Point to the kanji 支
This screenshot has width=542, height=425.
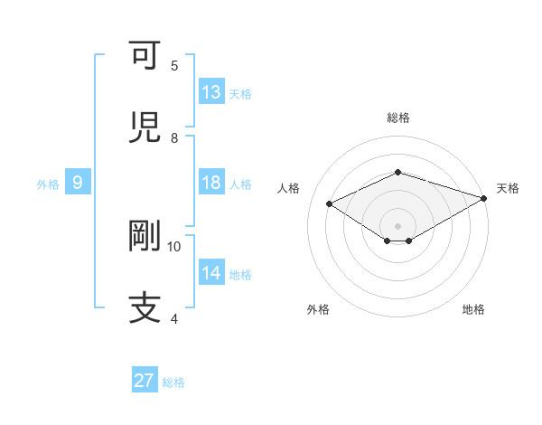(145, 307)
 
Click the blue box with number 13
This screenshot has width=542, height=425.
(211, 92)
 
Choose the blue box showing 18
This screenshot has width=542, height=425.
(211, 183)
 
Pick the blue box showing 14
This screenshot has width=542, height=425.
(211, 273)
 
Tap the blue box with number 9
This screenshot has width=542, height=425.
(78, 183)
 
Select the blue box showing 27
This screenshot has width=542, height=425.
(145, 381)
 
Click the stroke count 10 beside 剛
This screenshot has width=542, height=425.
(174, 246)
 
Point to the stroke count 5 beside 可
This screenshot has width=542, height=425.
(174, 66)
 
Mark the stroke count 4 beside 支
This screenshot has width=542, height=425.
(174, 318)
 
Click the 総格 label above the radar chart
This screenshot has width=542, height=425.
(398, 118)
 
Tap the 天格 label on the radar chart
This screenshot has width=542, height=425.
(508, 188)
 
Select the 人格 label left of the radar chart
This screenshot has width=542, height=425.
(289, 188)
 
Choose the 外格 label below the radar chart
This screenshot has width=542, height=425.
(318, 309)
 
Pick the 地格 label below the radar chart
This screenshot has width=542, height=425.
(473, 309)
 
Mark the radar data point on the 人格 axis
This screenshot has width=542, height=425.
(330, 203)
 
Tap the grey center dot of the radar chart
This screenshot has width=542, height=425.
(398, 225)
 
